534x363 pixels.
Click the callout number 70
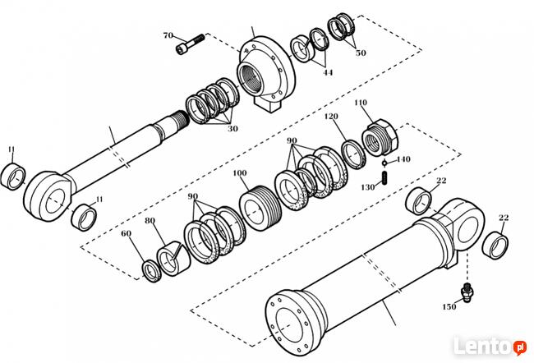(168, 35)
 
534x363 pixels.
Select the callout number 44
(328, 71)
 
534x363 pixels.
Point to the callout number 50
(361, 53)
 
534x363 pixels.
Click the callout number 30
(232, 129)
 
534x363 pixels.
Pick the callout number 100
(240, 173)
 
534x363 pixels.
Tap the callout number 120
(331, 117)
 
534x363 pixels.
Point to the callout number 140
(403, 159)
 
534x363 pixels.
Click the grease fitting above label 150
(467, 288)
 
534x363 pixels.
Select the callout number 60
(126, 234)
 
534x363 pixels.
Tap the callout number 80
(150, 220)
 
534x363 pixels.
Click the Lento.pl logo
(495, 346)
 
